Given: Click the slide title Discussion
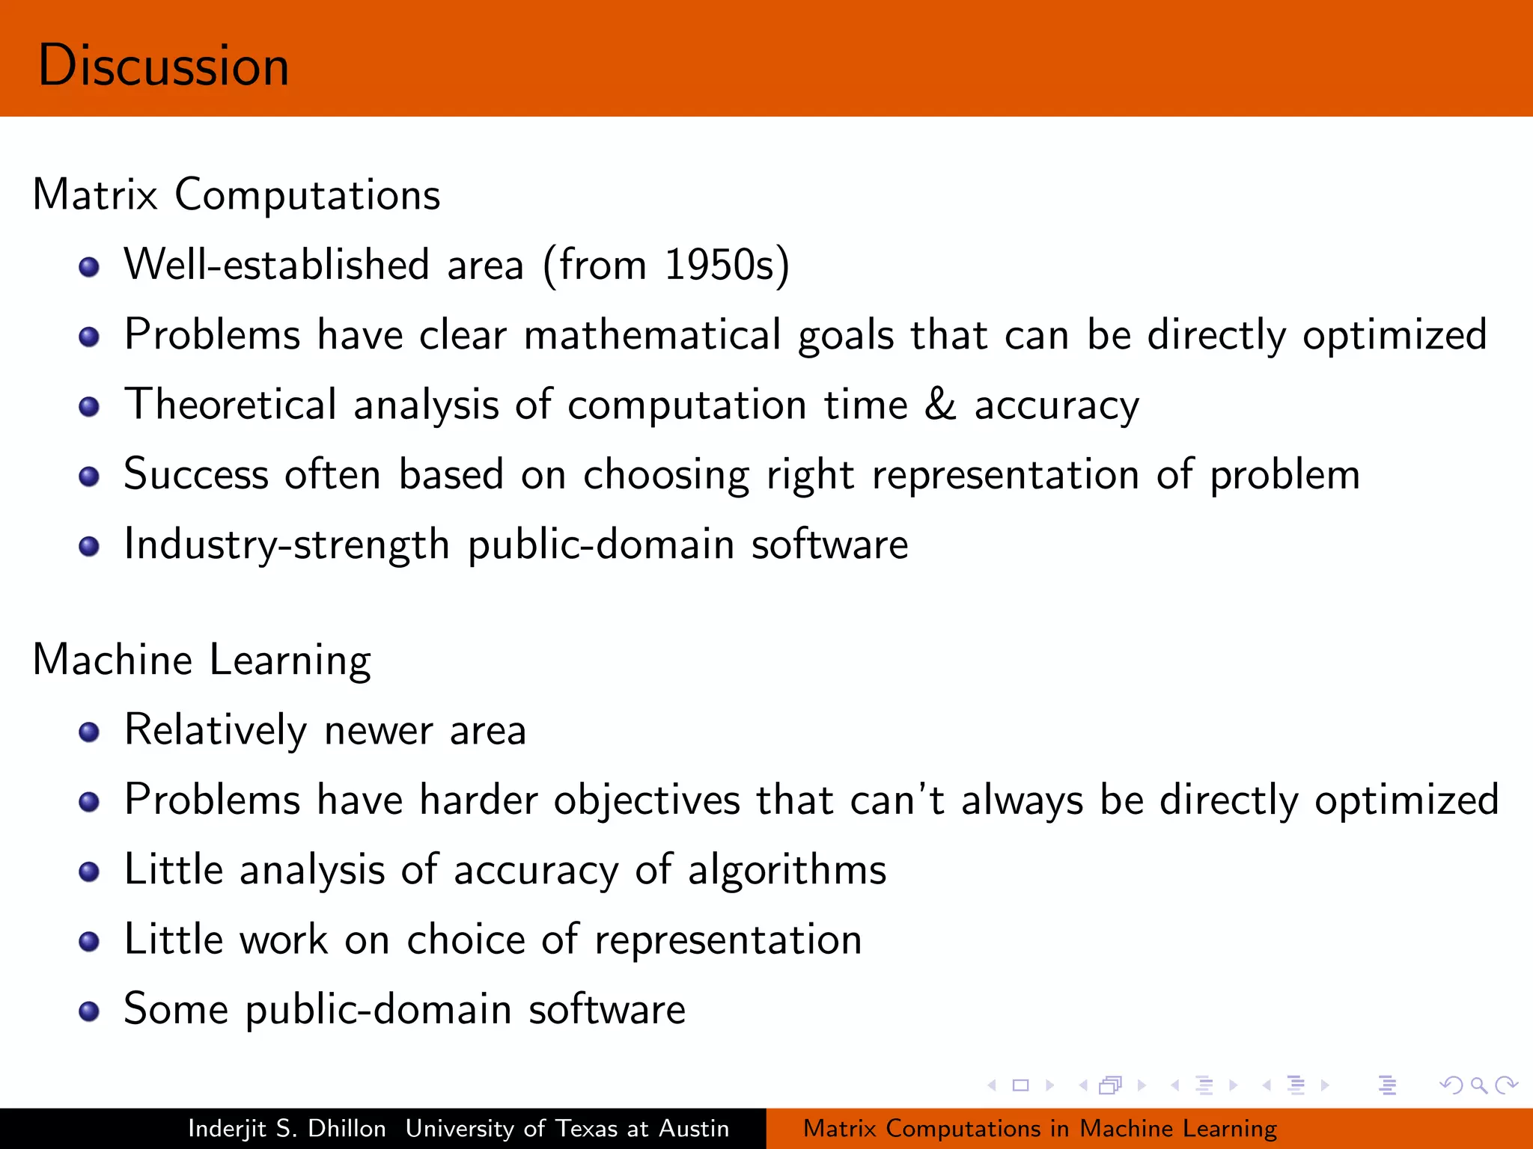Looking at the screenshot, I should pos(163,66).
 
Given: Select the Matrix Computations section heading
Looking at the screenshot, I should pos(237,195).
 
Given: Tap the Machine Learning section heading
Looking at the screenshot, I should pos(202,661).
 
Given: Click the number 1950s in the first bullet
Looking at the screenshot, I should pos(719,265).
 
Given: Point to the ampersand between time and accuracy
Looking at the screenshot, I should pos(940,405).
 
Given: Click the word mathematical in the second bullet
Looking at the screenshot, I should pos(652,334).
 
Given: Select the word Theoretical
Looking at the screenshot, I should pos(231,405).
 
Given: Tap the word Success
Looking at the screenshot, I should pos(196,474).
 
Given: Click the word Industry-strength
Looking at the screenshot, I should pos(287,545).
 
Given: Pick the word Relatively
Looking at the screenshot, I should pos(216,730).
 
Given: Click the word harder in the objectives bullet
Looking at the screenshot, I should pos(478,800).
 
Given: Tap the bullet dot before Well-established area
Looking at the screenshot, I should pos(89,267).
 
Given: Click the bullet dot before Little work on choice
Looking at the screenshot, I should pos(89,942).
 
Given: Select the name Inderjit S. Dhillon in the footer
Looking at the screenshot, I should pos(287,1128).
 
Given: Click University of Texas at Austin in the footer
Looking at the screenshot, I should pos(567,1128).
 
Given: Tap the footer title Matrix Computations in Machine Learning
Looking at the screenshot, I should pos(1040,1128).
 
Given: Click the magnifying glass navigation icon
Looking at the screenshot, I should pos(1478,1085).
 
